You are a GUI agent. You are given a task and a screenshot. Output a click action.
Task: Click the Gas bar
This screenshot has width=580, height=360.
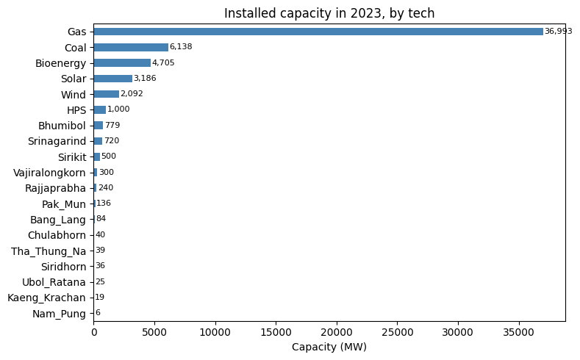pyautogui.click(x=318, y=32)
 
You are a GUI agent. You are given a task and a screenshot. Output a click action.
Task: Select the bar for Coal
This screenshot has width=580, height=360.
pyautogui.click(x=131, y=47)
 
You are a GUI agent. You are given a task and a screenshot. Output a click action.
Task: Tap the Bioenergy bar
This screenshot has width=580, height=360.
pyautogui.click(x=123, y=63)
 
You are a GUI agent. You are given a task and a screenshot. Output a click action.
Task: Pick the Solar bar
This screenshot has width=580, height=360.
pyautogui.click(x=113, y=79)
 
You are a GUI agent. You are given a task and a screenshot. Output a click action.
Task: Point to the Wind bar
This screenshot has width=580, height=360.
pyautogui.click(x=107, y=94)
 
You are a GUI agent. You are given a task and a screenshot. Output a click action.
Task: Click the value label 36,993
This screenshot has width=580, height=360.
pyautogui.click(x=558, y=32)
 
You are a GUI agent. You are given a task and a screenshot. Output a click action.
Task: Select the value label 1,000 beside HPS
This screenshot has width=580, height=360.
pyautogui.click(x=118, y=109)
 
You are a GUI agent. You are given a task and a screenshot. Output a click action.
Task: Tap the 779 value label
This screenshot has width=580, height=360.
pyautogui.click(x=112, y=125)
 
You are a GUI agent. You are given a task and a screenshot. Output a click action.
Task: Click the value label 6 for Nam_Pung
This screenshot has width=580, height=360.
pyautogui.click(x=98, y=313)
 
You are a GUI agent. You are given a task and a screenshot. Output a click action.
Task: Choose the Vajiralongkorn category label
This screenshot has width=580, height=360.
pyautogui.click(x=49, y=173)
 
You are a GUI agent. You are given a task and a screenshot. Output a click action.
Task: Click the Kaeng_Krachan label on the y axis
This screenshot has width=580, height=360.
pyautogui.click(x=46, y=298)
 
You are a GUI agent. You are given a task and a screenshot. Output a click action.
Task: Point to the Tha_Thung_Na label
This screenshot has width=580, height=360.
pyautogui.click(x=49, y=251)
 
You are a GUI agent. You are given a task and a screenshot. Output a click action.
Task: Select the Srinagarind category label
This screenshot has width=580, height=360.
pyautogui.click(x=57, y=141)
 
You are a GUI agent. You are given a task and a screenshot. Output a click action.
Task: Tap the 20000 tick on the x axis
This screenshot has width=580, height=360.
pyautogui.click(x=337, y=332)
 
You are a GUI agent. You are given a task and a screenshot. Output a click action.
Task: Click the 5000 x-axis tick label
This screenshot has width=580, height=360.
pyautogui.click(x=154, y=332)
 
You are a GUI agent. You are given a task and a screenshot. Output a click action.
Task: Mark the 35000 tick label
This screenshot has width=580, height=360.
pyautogui.click(x=518, y=332)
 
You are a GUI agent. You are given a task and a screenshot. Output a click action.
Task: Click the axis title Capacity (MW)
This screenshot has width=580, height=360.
pyautogui.click(x=329, y=347)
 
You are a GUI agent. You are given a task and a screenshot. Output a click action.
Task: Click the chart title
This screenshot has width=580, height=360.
pyautogui.click(x=329, y=13)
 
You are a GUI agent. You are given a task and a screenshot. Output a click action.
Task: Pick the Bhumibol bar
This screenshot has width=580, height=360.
pyautogui.click(x=99, y=126)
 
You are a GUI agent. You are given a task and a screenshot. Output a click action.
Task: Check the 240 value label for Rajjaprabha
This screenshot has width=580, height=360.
pyautogui.click(x=106, y=187)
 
